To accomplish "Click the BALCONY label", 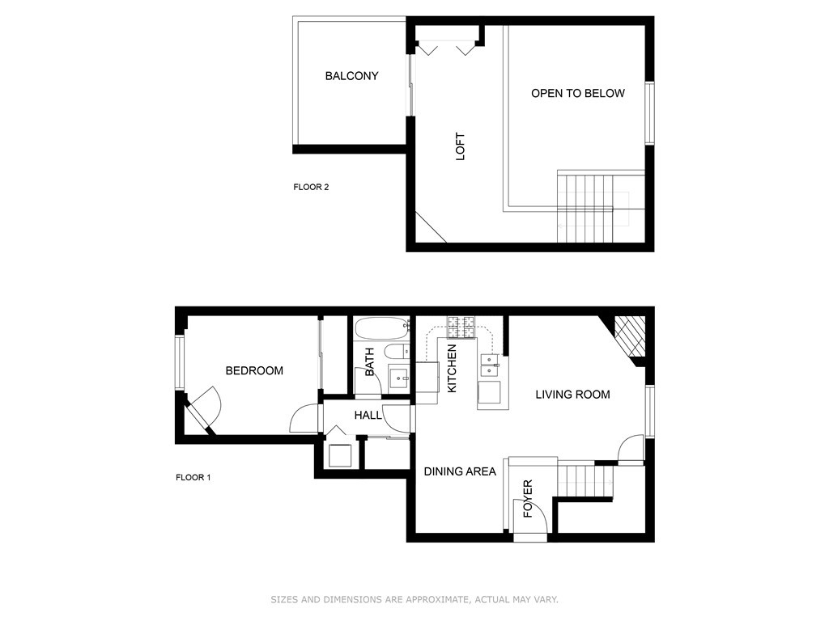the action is coord(351,76).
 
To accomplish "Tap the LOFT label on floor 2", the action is coord(461,146).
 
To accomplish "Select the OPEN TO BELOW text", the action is coord(578,94).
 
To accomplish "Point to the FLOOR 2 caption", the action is coord(311,187).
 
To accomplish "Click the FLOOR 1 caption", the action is coord(193,477).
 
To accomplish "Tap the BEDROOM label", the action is coord(254,370).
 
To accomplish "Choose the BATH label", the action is coord(369,361).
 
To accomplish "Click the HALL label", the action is coord(368,416).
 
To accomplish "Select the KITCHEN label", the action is coord(452,369).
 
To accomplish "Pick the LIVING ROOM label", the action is coord(572,395).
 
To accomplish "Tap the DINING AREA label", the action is coord(460,471).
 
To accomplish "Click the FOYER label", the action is coord(528,498).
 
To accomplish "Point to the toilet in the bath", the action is coord(397,352).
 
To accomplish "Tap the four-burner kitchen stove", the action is coord(461,327).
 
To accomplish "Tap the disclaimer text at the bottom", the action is coord(414,599).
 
